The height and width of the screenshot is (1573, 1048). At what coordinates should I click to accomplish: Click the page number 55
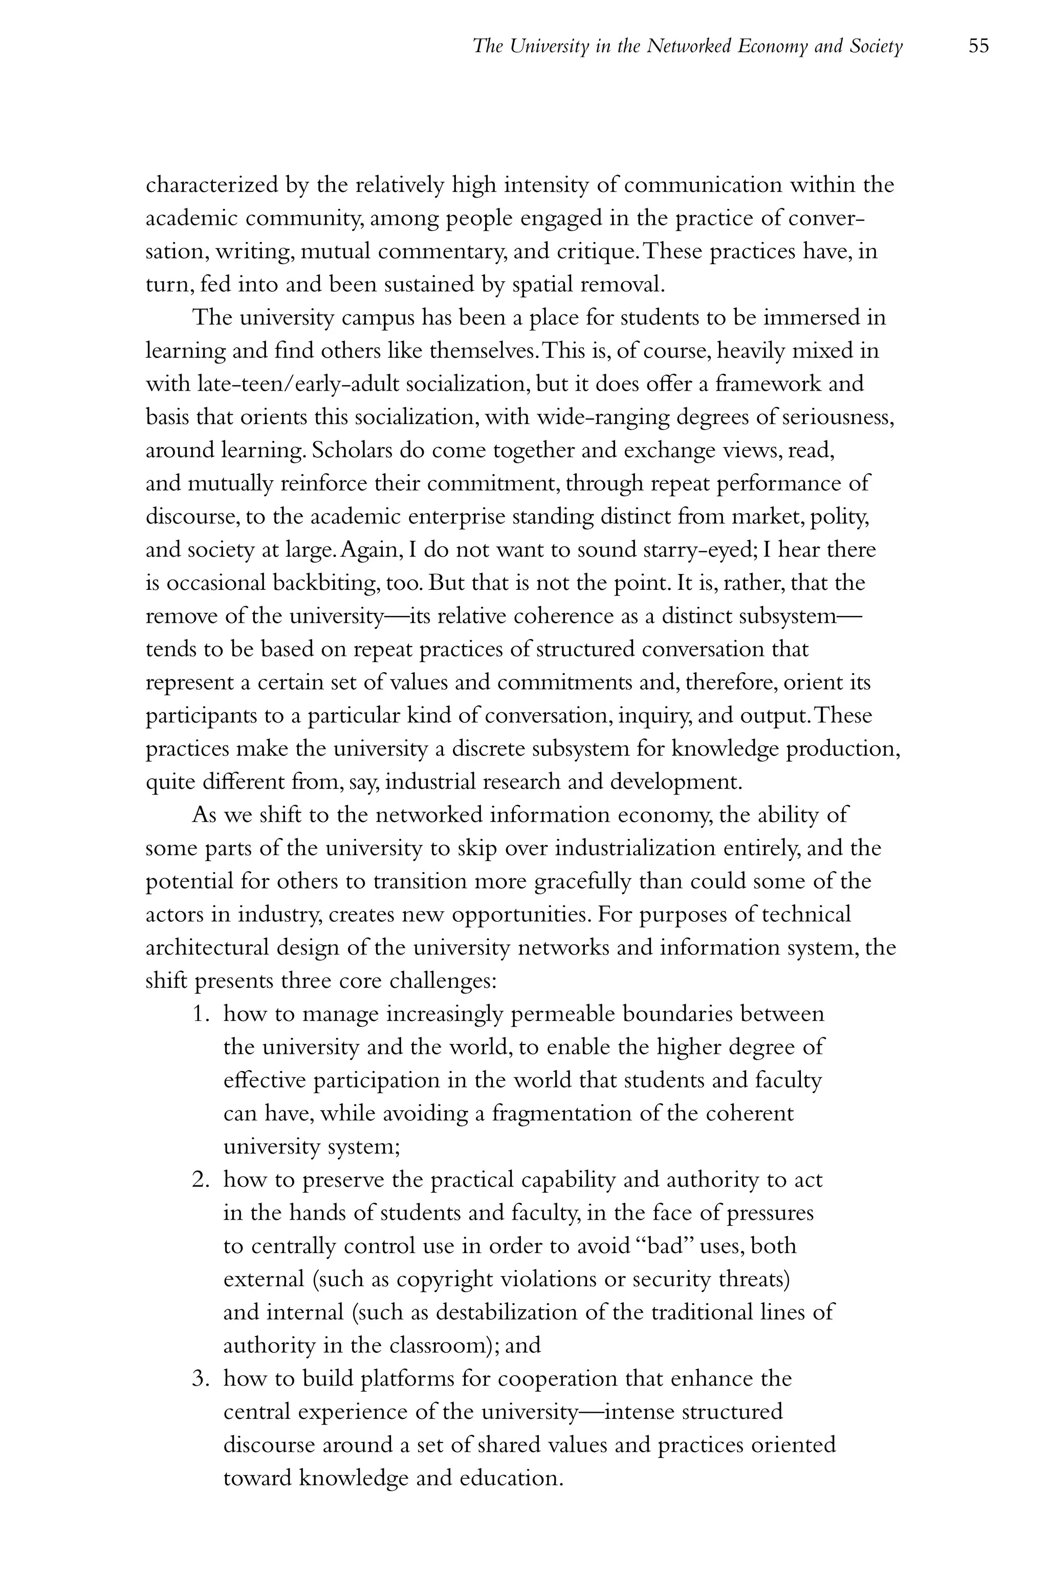[x=978, y=46]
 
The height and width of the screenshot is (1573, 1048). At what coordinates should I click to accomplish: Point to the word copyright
[x=445, y=1279]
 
